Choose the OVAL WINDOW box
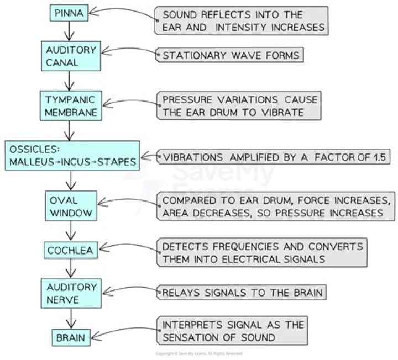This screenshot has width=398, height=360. tap(69, 205)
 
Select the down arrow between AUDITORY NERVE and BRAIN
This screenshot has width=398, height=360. tap(69, 319)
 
